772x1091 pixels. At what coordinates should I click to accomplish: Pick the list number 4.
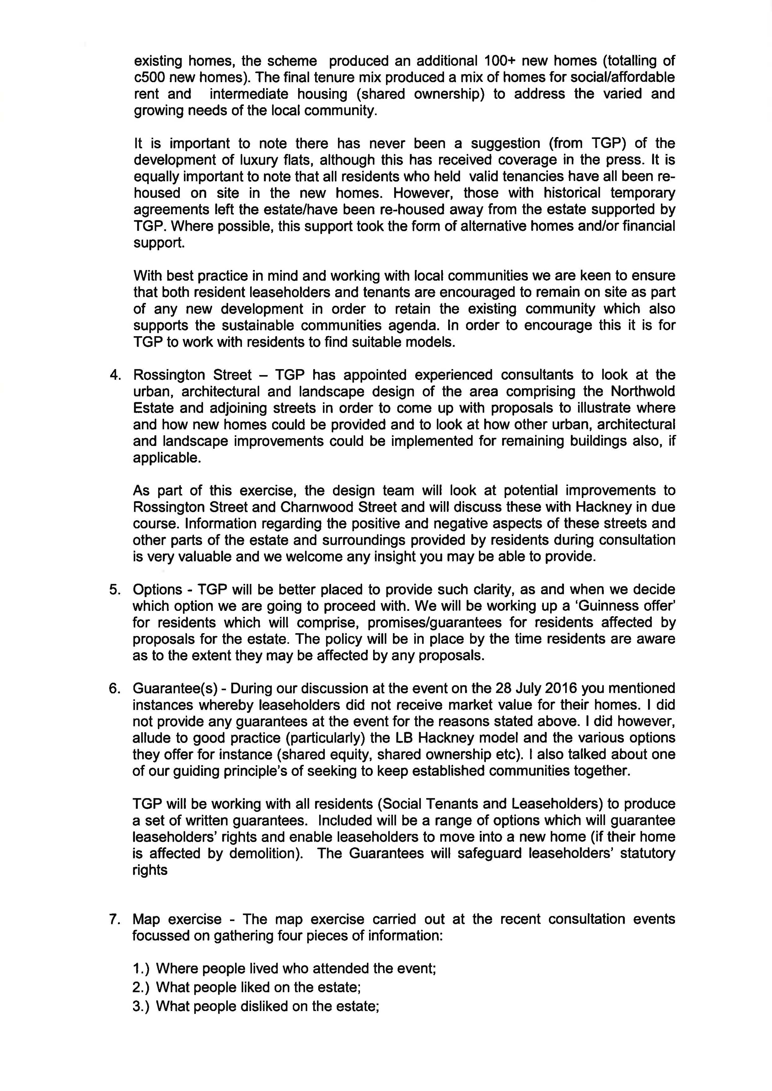115,375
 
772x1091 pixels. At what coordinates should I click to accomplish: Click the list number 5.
115,590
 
